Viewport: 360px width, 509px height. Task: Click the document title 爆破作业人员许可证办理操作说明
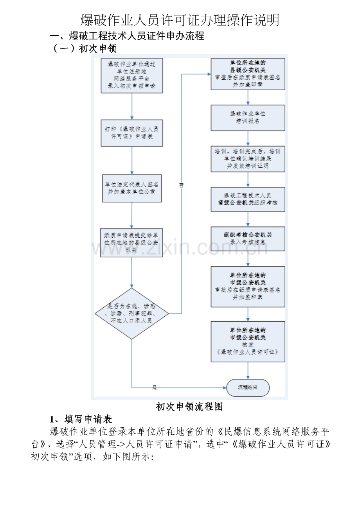[180, 20]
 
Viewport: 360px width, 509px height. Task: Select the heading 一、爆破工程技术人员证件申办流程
[128, 36]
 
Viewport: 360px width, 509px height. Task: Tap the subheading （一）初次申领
[85, 48]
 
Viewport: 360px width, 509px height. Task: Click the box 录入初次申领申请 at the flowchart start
[131, 75]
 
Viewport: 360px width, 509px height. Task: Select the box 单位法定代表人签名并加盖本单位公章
[131, 188]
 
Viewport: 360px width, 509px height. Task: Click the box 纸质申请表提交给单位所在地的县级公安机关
[131, 243]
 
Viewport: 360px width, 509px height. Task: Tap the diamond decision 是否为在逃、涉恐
[131, 314]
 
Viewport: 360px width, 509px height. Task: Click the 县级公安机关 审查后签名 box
[248, 74]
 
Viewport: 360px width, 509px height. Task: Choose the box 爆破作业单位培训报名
[248, 117]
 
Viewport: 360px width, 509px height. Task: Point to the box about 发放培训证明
[248, 159]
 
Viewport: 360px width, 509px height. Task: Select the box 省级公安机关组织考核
[248, 199]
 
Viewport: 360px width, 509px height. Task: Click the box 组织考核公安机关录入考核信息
[248, 238]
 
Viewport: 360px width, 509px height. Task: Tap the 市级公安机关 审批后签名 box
[248, 286]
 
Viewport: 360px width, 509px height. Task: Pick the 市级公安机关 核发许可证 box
[248, 341]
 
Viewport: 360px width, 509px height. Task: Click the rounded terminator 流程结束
[248, 387]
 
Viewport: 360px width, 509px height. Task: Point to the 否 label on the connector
[181, 185]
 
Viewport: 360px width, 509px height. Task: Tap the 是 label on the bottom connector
[154, 387]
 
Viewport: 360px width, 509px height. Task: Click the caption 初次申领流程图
[189, 407]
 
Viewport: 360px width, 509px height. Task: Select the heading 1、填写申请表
[81, 419]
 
